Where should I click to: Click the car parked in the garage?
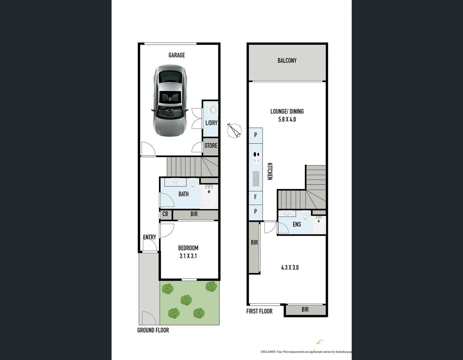click(170, 100)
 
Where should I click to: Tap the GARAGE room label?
click(176, 55)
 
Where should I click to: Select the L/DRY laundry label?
click(211, 123)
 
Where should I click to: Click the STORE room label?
click(211, 146)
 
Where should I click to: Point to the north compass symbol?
click(235, 130)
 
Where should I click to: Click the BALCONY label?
click(287, 61)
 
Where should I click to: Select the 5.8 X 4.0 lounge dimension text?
click(287, 119)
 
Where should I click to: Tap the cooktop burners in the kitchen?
click(256, 157)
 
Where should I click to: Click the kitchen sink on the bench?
click(256, 179)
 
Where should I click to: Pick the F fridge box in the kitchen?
click(256, 197)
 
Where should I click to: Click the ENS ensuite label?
click(297, 225)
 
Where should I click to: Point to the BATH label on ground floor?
click(183, 194)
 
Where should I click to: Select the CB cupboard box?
click(165, 214)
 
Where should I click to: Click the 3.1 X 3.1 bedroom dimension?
click(188, 256)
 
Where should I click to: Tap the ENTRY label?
click(149, 237)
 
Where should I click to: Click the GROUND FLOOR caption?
click(153, 330)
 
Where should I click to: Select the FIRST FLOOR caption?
click(259, 311)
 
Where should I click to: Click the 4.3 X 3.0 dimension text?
click(290, 267)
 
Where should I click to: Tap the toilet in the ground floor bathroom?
click(193, 184)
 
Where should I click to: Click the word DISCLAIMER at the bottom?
click(268, 352)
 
